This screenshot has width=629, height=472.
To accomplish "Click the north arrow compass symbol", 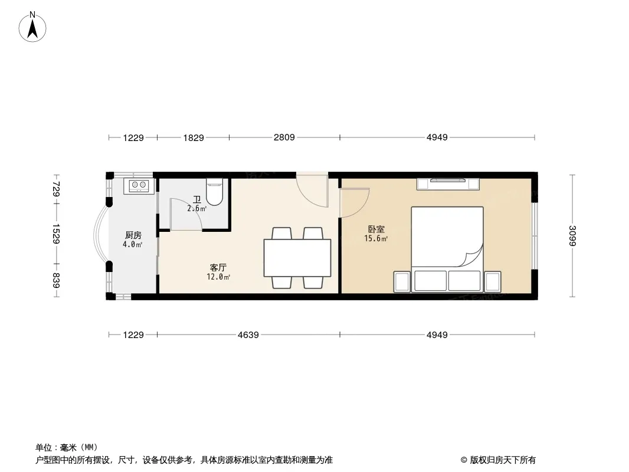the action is pyautogui.click(x=32, y=27).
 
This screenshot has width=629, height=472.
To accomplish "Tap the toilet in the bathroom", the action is pyautogui.click(x=214, y=192).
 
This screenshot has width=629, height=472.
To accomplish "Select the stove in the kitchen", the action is pyautogui.click(x=139, y=185).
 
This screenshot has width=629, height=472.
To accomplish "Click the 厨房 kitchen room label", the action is pyautogui.click(x=133, y=235).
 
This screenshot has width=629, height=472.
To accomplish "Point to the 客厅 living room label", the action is pyautogui.click(x=218, y=267).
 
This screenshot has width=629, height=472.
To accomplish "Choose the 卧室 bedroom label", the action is pyautogui.click(x=376, y=230).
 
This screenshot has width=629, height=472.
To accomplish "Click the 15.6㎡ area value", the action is pyautogui.click(x=376, y=239).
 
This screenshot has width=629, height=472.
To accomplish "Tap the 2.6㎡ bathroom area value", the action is pyautogui.click(x=196, y=208).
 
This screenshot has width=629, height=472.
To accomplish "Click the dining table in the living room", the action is pyautogui.click(x=297, y=258).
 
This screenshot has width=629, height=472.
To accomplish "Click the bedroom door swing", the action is pyautogui.click(x=354, y=203).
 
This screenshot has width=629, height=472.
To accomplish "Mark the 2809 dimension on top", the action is pyautogui.click(x=284, y=137).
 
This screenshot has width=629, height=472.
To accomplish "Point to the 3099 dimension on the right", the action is pyautogui.click(x=572, y=236).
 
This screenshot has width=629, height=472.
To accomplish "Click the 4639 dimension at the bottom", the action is pyautogui.click(x=248, y=335).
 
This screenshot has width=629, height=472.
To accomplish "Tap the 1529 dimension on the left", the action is pyautogui.click(x=55, y=234).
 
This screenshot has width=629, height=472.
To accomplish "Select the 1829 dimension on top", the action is pyautogui.click(x=194, y=137).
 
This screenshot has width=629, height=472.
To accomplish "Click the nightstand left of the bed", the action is pyautogui.click(x=402, y=282).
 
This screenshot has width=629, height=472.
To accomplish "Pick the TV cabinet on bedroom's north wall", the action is pyautogui.click(x=448, y=183).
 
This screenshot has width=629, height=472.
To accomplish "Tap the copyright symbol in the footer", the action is pyautogui.click(x=464, y=460).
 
